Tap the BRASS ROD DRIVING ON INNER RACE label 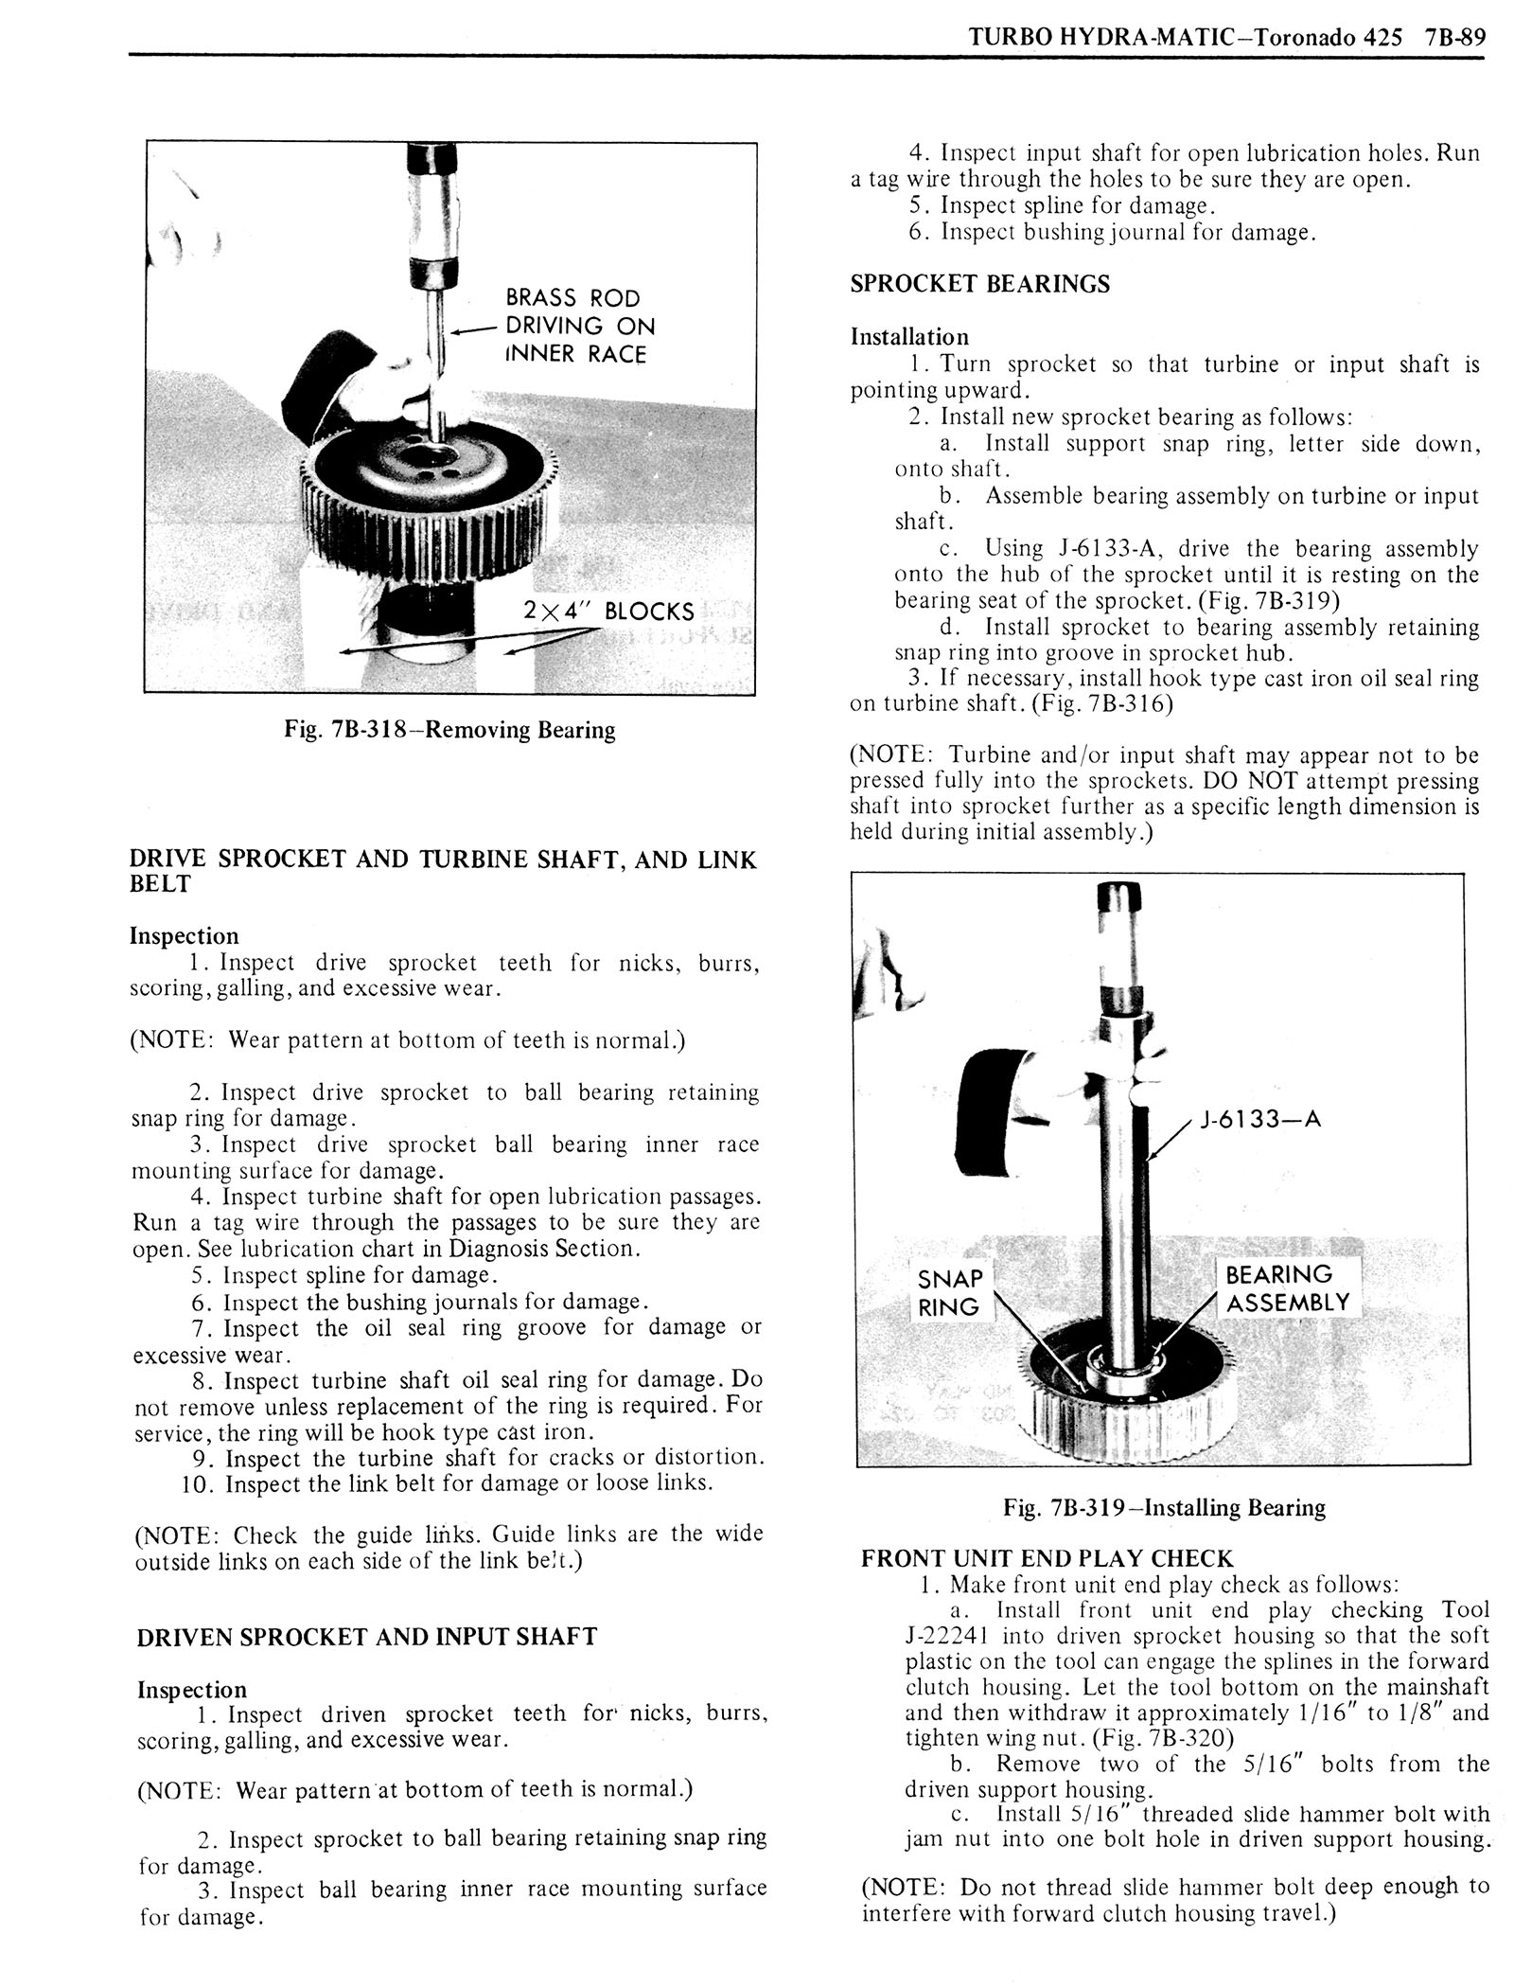click(x=578, y=327)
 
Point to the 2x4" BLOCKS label click(x=607, y=611)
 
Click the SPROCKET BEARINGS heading click(x=979, y=284)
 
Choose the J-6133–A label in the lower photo click(x=1259, y=1120)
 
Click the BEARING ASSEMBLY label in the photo click(x=1285, y=1288)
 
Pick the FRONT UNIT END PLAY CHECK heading click(x=1047, y=1559)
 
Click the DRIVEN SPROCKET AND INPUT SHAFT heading click(x=366, y=1637)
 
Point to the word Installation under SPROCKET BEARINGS click(x=909, y=337)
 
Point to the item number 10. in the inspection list click(x=201, y=1483)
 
